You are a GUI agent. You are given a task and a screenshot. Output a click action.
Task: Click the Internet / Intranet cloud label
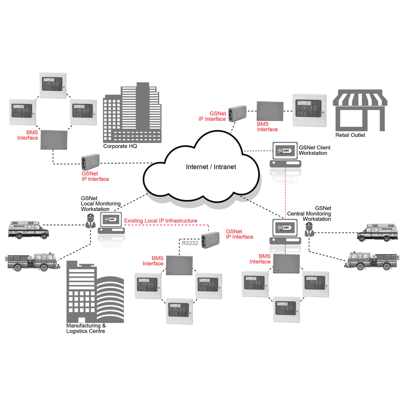211,167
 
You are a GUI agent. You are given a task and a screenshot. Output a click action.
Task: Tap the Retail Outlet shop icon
360,112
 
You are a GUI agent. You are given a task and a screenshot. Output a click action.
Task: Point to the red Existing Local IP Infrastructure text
160,220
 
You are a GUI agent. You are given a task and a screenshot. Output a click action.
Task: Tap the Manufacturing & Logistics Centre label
86,328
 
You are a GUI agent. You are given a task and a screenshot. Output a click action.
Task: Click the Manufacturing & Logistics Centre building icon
94,292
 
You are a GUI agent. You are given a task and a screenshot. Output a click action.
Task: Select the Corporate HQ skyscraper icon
131,113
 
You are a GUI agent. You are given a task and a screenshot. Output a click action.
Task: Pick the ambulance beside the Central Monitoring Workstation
375,232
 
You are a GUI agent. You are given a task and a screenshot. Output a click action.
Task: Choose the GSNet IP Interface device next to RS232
209,240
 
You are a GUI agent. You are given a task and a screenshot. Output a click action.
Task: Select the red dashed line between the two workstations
285,193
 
